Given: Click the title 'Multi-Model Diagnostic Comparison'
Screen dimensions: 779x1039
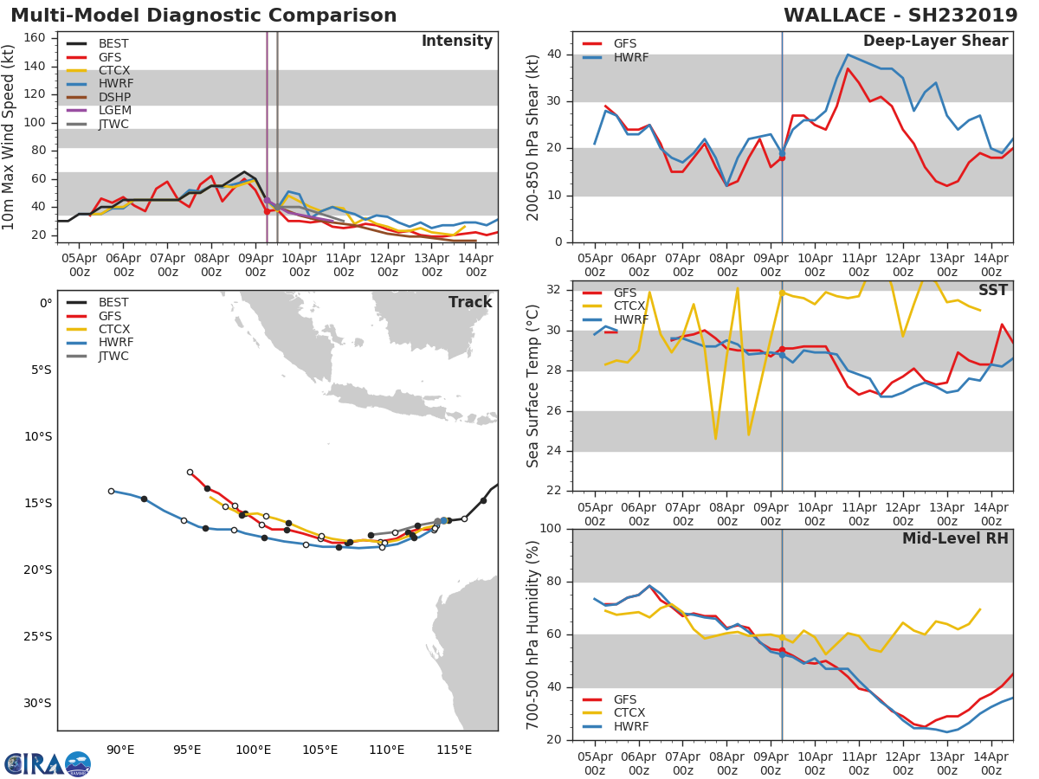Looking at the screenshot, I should (x=203, y=16).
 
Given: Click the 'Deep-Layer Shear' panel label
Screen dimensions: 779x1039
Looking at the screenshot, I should (x=935, y=42).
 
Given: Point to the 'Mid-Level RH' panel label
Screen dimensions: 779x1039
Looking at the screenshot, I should (x=954, y=539).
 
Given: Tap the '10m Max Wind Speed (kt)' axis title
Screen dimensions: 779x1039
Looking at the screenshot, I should (x=10, y=137).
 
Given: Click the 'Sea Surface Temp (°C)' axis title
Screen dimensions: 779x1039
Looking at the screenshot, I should (x=533, y=385).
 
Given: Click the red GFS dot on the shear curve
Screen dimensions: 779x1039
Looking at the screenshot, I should (x=782, y=158).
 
